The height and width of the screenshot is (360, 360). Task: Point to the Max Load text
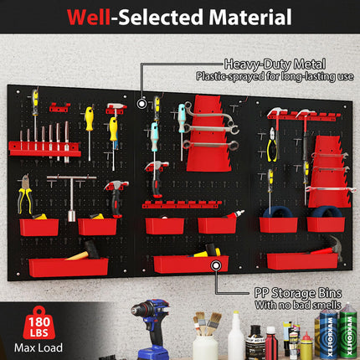click(25, 347)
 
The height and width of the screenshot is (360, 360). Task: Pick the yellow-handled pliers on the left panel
click(26, 195)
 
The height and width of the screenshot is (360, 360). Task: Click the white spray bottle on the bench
click(236, 336)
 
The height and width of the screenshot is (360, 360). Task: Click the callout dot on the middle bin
click(217, 265)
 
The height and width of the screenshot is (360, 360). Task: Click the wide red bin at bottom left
click(68, 267)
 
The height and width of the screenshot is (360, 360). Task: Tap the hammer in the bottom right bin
click(327, 247)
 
